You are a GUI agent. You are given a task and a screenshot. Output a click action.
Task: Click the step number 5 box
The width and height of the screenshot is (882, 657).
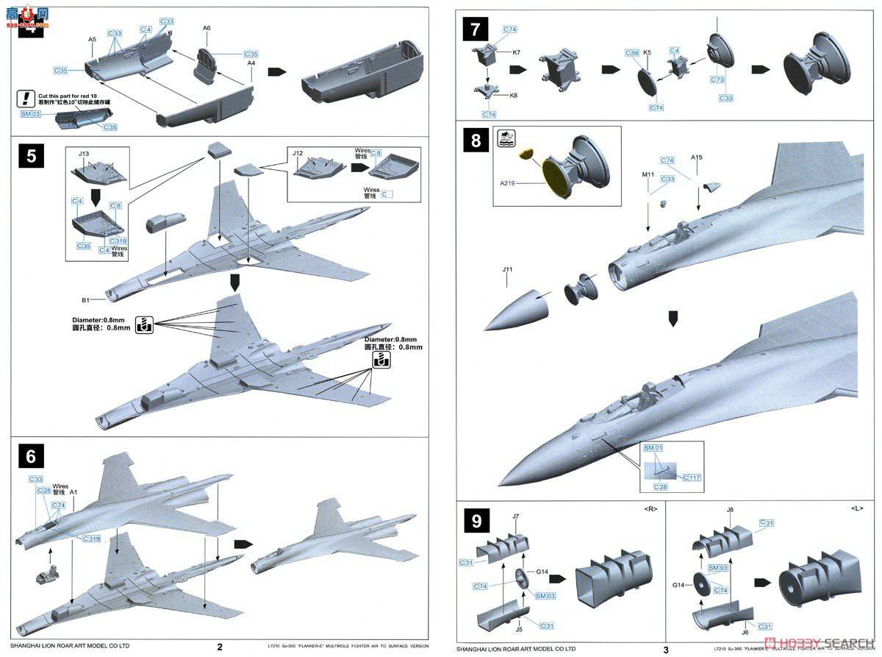click(x=31, y=157)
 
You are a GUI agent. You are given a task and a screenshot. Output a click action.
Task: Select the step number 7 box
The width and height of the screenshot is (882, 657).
click(x=476, y=30)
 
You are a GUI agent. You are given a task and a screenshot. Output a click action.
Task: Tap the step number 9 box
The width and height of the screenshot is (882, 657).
click(x=477, y=522)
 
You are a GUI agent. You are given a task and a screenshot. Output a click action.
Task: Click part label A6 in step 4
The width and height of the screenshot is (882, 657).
click(x=207, y=28)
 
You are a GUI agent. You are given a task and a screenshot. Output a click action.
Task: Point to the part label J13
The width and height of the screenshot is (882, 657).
click(x=83, y=154)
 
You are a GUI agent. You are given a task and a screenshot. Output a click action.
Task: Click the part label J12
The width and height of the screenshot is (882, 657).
click(x=298, y=153)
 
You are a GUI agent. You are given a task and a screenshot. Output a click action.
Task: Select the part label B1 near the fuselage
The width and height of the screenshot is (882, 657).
click(x=85, y=300)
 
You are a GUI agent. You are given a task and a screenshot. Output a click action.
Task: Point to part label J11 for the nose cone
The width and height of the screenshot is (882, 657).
click(x=507, y=270)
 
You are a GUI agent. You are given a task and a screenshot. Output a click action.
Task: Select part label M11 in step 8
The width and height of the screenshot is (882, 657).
click(x=647, y=174)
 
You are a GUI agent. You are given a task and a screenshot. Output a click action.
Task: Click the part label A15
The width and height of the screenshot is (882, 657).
click(x=697, y=158)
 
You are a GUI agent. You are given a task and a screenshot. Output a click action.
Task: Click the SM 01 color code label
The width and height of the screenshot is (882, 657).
click(x=653, y=448)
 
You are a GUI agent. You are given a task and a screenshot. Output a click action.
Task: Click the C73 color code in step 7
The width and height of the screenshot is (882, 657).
click(x=717, y=79)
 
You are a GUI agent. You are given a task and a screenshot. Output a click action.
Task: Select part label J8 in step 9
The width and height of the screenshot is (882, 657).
click(x=729, y=509)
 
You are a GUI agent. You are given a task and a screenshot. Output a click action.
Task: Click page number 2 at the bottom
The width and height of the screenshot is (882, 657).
click(x=220, y=648)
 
